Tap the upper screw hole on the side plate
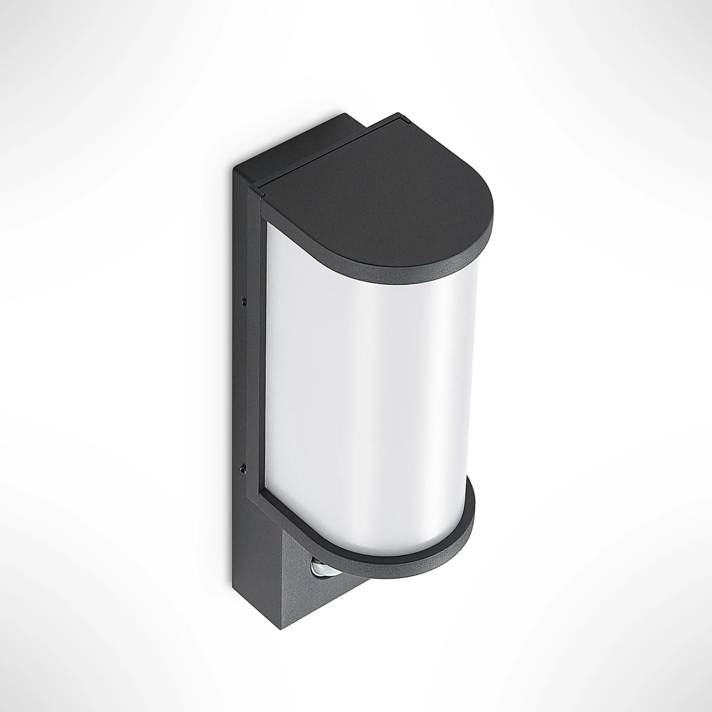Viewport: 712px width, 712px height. (x=244, y=301)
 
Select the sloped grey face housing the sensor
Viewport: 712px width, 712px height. (x=299, y=584)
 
